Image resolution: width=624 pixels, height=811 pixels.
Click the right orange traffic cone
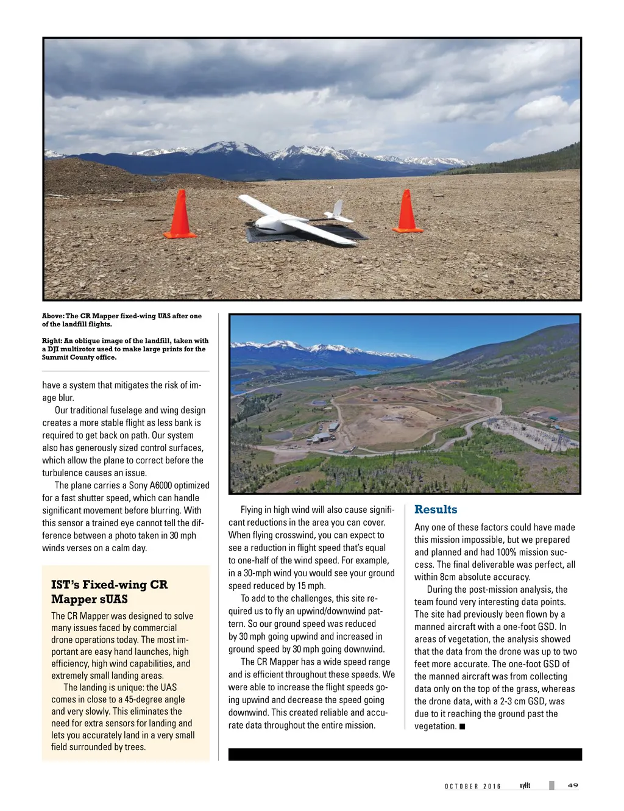point(406,212)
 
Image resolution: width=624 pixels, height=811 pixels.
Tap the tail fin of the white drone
point(338,209)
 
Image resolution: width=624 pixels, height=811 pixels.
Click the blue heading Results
point(435,510)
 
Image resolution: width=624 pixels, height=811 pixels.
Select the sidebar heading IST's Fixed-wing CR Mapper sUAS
point(110,591)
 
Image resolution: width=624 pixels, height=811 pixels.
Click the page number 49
point(573,785)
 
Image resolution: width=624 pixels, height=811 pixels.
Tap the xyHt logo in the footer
point(525,785)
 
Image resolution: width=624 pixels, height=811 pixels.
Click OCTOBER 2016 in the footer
point(472,787)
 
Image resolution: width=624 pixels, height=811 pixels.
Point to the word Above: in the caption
point(52,316)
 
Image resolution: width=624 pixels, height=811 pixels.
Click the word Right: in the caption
point(52,341)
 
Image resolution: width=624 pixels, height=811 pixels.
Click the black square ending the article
point(463,726)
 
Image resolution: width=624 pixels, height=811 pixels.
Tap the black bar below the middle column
point(405,754)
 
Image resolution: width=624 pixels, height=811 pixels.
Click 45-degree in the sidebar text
point(146,699)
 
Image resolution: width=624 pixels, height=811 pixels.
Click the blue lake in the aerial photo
point(366,371)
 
